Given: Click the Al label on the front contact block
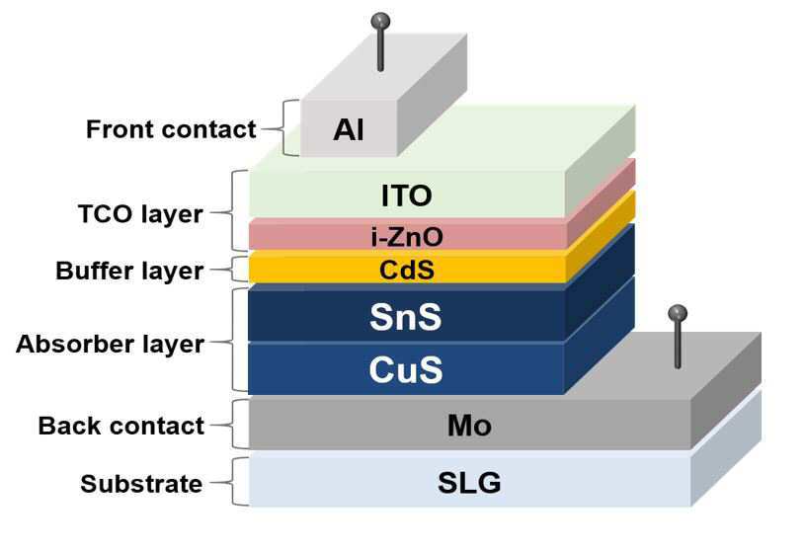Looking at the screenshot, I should tap(349, 128).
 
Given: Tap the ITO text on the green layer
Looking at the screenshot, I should tap(406, 195).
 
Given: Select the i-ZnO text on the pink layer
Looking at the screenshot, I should tap(406, 236).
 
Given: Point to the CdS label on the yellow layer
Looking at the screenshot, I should tap(406, 269).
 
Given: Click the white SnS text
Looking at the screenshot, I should tap(405, 317).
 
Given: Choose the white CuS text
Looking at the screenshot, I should tap(405, 369).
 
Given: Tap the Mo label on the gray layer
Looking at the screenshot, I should tap(468, 426).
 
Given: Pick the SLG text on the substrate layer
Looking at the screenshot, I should tap(468, 483).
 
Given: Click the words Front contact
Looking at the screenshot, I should tap(171, 129).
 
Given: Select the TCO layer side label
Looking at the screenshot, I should tap(139, 213).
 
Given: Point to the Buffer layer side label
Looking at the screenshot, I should tap(129, 271).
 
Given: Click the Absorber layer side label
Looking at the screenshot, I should tap(110, 344).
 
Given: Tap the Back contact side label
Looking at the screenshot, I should tap(121, 426).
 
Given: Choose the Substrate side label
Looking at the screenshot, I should tap(141, 484).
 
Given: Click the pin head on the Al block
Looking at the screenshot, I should tap(379, 20).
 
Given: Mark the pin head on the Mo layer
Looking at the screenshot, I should tap(678, 313).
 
